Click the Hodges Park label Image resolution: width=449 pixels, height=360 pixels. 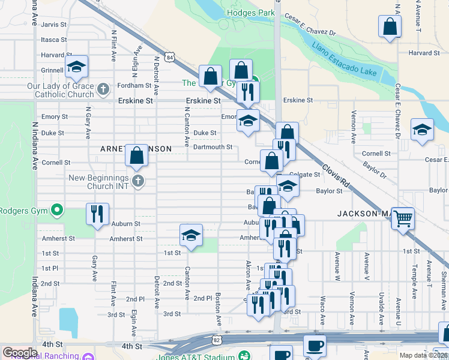[x=250, y=13]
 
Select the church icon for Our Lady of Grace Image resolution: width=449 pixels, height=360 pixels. [x=103, y=90]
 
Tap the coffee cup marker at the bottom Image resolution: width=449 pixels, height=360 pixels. [x=315, y=346]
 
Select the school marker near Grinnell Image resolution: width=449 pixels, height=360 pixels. [x=76, y=67]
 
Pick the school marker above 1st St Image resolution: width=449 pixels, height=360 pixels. [x=191, y=236]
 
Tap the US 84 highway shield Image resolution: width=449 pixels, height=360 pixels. [x=171, y=58]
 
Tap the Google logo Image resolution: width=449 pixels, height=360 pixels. [x=20, y=353]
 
